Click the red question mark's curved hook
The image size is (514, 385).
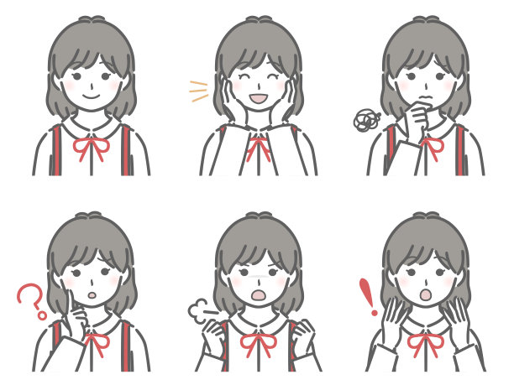(x=30, y=295)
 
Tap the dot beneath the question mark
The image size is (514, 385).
(x=39, y=317)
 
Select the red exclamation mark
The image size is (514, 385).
(x=365, y=295)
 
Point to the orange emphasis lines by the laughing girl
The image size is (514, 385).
(x=199, y=91)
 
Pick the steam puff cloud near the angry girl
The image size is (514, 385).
(x=199, y=311)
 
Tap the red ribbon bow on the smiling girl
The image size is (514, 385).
(x=91, y=148)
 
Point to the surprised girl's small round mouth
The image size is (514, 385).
(x=425, y=294)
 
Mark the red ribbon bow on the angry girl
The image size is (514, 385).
(x=258, y=341)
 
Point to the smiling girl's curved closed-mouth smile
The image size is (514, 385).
(x=91, y=96)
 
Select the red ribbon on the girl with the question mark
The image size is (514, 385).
(x=93, y=341)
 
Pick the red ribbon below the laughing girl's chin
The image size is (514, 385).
(x=258, y=148)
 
